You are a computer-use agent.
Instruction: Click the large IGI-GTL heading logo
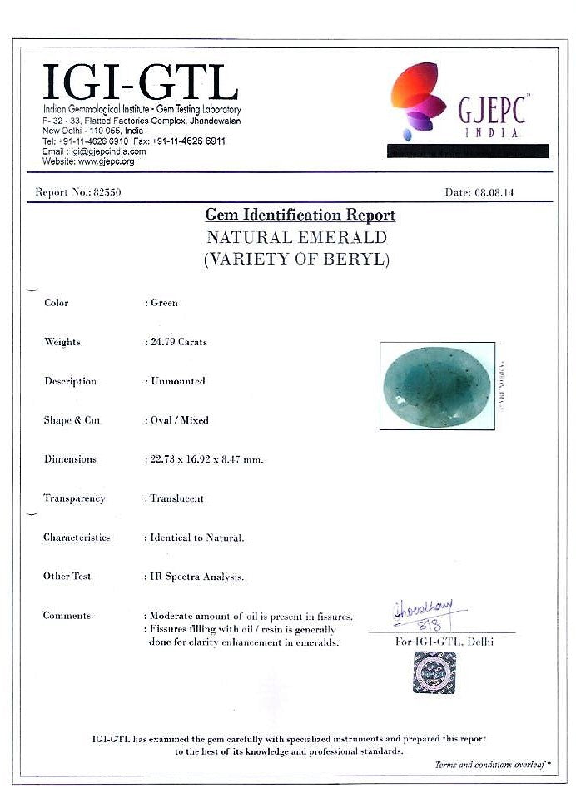[140, 82]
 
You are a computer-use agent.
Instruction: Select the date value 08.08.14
[494, 192]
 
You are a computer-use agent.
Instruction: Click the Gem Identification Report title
[300, 216]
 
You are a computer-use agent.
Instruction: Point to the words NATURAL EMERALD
[297, 238]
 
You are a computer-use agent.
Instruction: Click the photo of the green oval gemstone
[436, 385]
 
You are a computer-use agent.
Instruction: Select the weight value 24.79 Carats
[178, 342]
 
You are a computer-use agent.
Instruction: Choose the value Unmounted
[177, 381]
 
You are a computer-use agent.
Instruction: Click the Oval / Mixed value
[179, 420]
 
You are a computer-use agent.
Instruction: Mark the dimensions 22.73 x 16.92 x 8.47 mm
[206, 459]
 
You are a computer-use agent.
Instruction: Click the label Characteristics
[77, 538]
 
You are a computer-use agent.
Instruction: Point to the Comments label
[67, 616]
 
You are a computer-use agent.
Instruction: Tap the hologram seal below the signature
[434, 672]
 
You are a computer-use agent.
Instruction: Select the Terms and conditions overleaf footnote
[493, 765]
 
